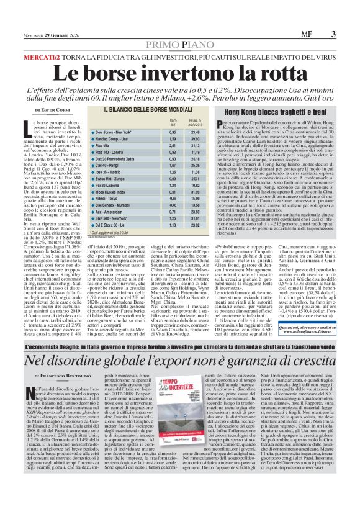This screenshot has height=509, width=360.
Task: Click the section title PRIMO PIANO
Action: point(181,46)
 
